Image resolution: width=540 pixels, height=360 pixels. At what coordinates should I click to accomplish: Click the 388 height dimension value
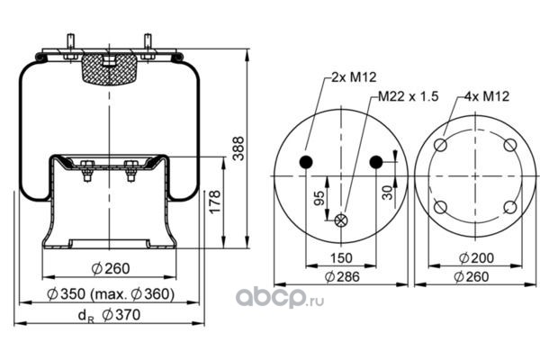[238, 148]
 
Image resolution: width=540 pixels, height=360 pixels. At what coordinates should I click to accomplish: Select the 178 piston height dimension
[215, 202]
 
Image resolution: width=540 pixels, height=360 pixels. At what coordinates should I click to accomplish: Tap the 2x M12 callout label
[354, 77]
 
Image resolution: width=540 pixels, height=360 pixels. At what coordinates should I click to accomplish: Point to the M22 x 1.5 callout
[409, 96]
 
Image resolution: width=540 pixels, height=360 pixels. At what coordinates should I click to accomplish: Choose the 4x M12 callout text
[487, 96]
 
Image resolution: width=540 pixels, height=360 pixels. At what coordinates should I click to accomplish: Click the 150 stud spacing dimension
[341, 257]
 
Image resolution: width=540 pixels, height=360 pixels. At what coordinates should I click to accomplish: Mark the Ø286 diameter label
[342, 276]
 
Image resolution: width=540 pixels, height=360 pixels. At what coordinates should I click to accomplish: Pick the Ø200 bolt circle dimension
[476, 257]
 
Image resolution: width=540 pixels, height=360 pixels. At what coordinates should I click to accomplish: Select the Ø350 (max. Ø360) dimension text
[111, 294]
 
